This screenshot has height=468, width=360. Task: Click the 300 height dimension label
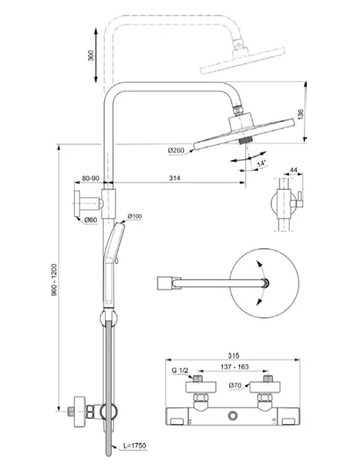pos(91,55)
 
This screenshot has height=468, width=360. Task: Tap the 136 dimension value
pos(301,115)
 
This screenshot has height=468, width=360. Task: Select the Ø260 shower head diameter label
pos(176,151)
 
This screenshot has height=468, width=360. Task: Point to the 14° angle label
pos(261,163)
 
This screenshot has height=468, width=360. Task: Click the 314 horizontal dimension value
pos(175,178)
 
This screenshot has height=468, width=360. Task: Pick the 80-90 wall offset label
pos(90,178)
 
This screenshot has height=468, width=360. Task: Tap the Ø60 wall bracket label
pos(90,220)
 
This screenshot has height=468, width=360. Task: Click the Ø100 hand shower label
pos(135,216)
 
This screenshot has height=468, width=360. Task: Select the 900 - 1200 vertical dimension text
pos(55,280)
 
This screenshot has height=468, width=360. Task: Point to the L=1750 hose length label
pos(135,445)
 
